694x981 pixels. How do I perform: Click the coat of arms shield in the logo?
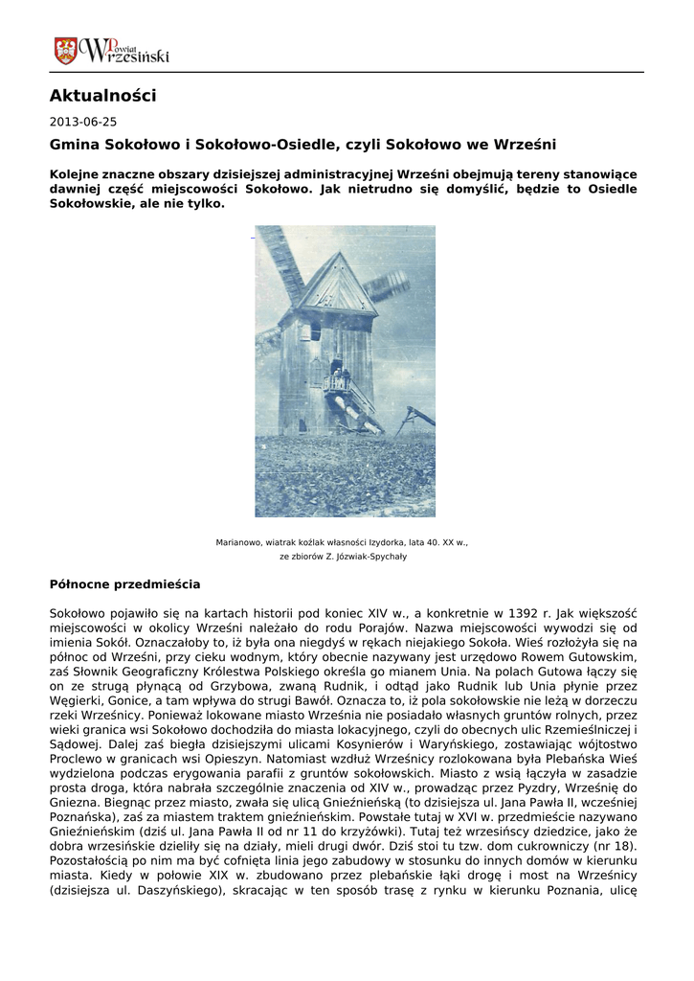65,50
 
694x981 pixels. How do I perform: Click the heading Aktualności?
102,96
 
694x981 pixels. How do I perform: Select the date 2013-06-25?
82,123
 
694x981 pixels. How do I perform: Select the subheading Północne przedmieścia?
124,583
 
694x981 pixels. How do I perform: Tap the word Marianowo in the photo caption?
243,542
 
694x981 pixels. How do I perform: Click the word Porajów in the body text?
369,627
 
